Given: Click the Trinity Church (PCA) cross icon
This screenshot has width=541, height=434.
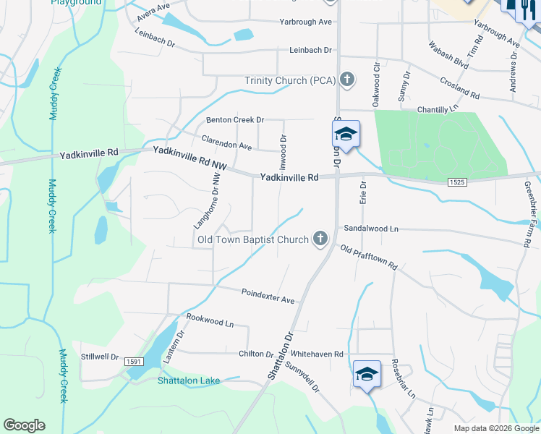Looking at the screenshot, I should (347, 80).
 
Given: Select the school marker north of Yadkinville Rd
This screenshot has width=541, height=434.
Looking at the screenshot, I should (346, 135).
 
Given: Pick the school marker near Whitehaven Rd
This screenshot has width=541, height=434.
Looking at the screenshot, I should (367, 375).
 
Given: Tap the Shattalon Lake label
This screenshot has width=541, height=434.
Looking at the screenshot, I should (189, 380).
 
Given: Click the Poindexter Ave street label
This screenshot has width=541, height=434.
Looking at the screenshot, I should (268, 296).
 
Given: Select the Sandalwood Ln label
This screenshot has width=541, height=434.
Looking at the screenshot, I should (371, 228).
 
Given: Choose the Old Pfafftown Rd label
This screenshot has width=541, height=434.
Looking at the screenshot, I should (369, 258).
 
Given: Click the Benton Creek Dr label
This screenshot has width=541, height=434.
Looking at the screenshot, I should (235, 120).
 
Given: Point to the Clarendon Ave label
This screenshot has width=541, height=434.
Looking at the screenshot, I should (226, 142).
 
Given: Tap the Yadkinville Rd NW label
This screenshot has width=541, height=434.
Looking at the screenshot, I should (189, 158).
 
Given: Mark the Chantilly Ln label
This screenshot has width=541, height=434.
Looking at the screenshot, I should (438, 109).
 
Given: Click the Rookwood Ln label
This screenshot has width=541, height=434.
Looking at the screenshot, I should (210, 320).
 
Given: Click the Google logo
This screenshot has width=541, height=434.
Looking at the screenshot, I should (24, 425).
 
